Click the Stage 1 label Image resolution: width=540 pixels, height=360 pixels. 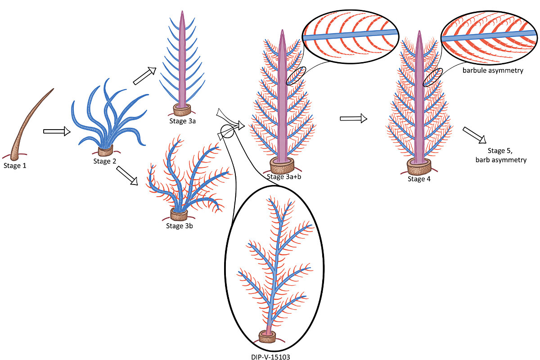(15, 166)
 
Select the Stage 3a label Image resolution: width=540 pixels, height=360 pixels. (181, 120)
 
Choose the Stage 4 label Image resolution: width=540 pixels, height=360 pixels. (419, 179)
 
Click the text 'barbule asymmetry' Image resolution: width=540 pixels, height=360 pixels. (493, 71)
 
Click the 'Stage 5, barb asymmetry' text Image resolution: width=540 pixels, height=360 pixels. (507, 155)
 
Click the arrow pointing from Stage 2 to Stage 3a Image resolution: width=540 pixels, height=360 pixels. (144, 76)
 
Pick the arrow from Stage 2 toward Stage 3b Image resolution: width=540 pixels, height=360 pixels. (127, 175)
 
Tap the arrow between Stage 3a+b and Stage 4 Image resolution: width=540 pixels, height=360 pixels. (353, 118)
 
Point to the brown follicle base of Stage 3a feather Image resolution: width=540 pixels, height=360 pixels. (182, 109)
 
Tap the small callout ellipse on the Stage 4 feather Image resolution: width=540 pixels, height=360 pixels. (433, 77)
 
